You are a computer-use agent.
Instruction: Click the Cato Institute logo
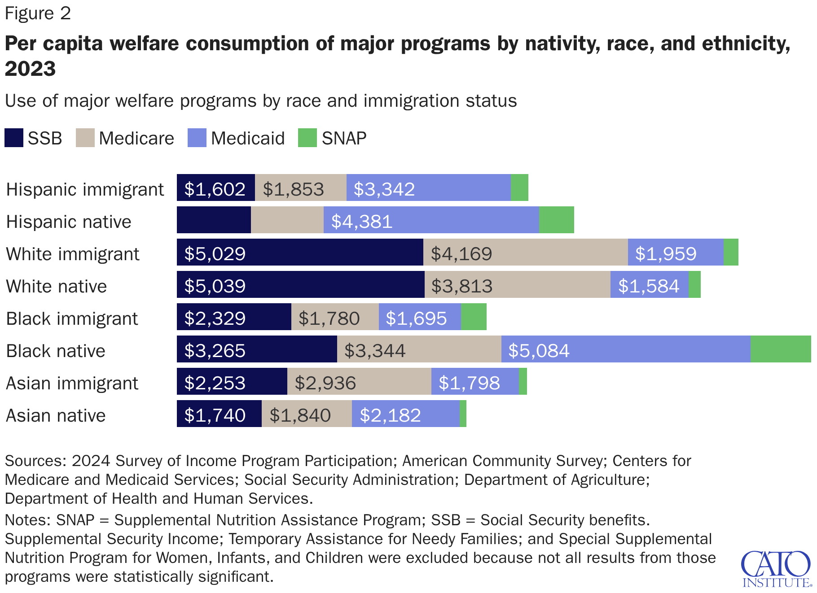click(x=776, y=569)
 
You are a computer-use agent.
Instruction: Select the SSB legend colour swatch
click(x=14, y=138)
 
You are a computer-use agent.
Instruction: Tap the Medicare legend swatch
click(x=85, y=138)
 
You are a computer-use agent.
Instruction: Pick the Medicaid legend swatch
click(x=197, y=138)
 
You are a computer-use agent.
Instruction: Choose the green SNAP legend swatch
click(x=307, y=138)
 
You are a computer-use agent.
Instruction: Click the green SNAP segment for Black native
click(x=780, y=349)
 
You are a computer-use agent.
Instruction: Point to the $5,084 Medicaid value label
click(x=539, y=351)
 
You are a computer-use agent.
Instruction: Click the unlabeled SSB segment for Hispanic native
click(x=214, y=220)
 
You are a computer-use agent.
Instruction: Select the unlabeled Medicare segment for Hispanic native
click(x=287, y=220)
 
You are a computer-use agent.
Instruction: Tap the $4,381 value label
click(x=362, y=222)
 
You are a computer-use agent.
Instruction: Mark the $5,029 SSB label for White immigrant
click(x=215, y=254)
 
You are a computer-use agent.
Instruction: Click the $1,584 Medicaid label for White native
click(x=649, y=286)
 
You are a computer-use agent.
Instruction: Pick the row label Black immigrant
click(x=72, y=318)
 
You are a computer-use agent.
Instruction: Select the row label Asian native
click(x=56, y=415)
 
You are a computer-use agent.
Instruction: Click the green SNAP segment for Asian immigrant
click(x=523, y=381)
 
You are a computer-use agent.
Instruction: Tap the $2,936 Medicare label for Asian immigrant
click(x=325, y=383)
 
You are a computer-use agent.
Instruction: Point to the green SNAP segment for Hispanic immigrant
click(x=519, y=187)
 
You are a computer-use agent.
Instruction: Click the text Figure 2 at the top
click(x=38, y=13)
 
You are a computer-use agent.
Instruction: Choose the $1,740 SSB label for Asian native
click(x=215, y=415)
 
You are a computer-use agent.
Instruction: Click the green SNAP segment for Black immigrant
click(x=474, y=317)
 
